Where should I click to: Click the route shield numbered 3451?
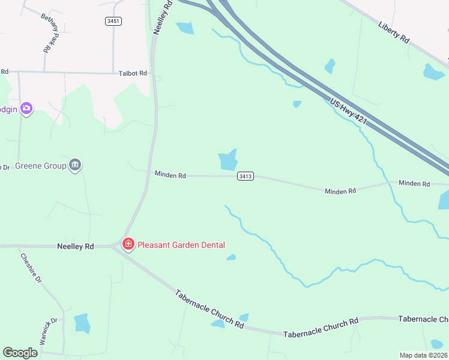(113, 21)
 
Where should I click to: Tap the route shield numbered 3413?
(245, 176)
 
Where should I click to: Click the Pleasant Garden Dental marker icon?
(128, 244)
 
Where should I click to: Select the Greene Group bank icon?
(75, 165)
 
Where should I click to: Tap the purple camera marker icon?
(26, 109)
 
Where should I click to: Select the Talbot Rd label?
(132, 73)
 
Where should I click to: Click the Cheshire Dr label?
(31, 268)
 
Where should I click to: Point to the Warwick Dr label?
(48, 331)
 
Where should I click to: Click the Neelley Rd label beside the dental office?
(76, 246)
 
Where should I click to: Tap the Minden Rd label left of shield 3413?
(170, 175)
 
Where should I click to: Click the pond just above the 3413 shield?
(228, 160)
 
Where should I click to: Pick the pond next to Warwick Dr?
(82, 323)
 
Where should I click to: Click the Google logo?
(20, 353)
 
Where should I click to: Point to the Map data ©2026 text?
(423, 355)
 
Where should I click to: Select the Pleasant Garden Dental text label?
(181, 245)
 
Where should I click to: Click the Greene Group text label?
(40, 166)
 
